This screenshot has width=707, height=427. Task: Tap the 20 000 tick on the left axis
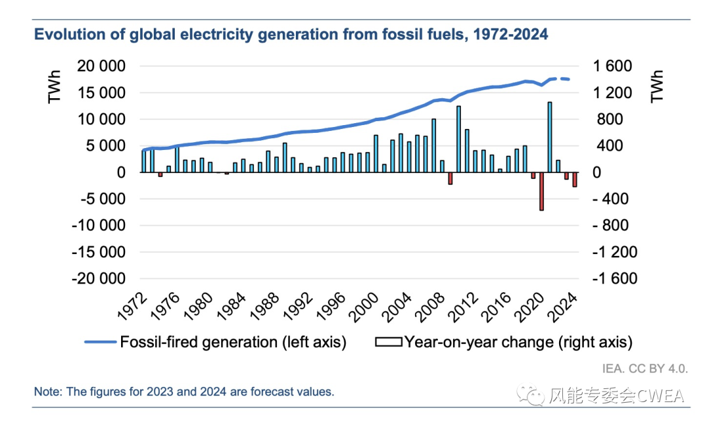pos(100,66)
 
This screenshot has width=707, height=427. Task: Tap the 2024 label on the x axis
pos(564,306)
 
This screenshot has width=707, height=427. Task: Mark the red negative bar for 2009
pos(450,178)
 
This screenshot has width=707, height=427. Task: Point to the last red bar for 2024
pos(575,179)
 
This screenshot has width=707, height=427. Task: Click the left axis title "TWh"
pos(54,87)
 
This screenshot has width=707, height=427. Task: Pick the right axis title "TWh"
pos(657,87)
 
